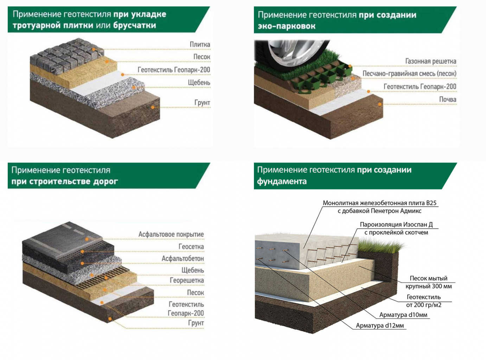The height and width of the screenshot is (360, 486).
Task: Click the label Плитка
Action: pos(200,45)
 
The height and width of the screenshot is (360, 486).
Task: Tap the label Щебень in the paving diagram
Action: pos(199,83)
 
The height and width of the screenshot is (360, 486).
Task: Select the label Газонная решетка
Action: pos(430,61)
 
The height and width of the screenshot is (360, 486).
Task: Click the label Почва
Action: pos(447,99)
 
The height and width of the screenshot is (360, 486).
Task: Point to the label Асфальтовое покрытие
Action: pos(171,234)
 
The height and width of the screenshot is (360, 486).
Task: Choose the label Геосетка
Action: pos(191,247)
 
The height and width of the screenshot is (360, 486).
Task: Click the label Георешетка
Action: pos(187,281)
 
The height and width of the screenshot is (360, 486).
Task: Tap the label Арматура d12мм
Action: pos(380,326)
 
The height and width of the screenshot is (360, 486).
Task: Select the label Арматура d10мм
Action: pos(403,315)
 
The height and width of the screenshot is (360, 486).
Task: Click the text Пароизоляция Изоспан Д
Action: pos(396,225)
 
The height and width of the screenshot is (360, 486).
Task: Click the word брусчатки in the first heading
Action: pos(135,26)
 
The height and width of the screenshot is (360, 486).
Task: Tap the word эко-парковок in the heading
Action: pos(287,26)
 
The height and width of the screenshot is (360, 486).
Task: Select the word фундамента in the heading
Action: pos(282,181)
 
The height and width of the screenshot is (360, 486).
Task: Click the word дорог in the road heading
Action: pos(105,182)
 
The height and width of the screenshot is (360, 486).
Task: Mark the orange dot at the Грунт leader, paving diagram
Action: pos(153,107)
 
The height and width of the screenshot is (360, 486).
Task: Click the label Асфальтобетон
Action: pos(183,259)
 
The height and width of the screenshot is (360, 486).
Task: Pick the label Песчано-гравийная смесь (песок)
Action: pos(409,74)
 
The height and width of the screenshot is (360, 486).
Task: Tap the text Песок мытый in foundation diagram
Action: pos(428,278)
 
